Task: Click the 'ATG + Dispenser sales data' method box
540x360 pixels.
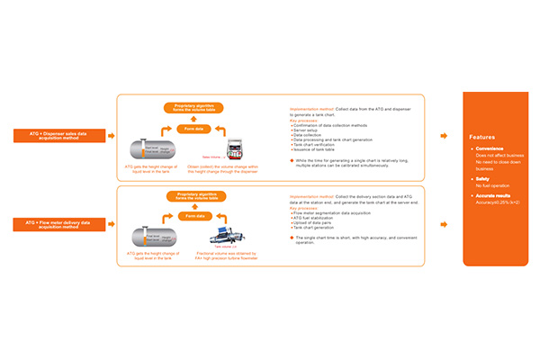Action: click(x=56, y=136)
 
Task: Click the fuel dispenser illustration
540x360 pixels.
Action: click(x=237, y=149)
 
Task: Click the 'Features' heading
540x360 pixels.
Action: click(x=482, y=138)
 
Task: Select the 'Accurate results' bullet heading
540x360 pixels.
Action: click(x=496, y=196)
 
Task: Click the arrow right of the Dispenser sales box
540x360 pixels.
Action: click(x=110, y=136)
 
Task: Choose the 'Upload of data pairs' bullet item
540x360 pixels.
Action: click(x=316, y=223)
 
